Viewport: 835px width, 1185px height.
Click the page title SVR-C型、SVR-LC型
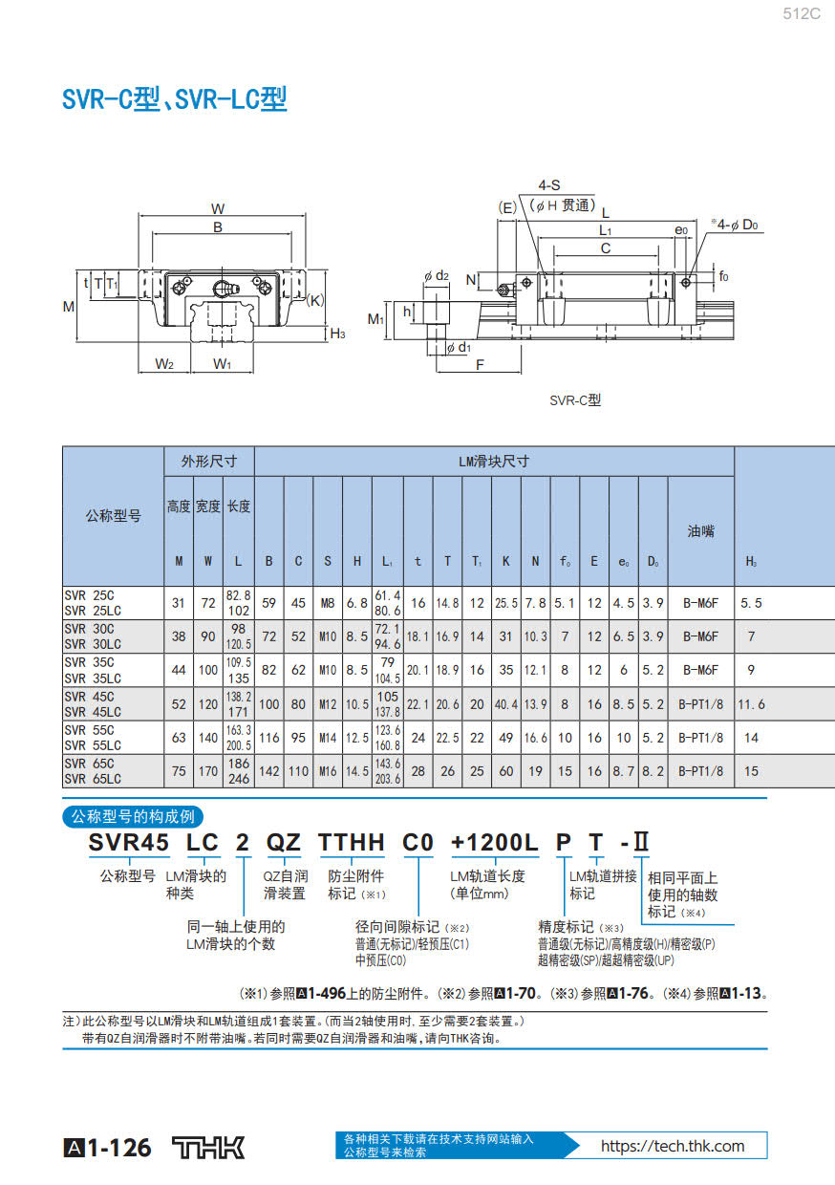pos(175,99)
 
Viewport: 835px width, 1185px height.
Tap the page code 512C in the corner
pos(802,13)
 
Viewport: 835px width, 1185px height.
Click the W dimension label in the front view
pos(217,209)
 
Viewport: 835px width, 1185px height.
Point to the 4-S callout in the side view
pos(549,185)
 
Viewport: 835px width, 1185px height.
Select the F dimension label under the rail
pos(480,365)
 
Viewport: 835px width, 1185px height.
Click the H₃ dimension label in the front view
pos(337,334)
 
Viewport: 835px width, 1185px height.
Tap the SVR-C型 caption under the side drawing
pos(575,400)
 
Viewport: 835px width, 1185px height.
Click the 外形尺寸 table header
pos(209,462)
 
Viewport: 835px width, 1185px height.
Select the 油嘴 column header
pos(700,530)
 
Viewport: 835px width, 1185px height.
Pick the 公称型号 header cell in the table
pos(113,516)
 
